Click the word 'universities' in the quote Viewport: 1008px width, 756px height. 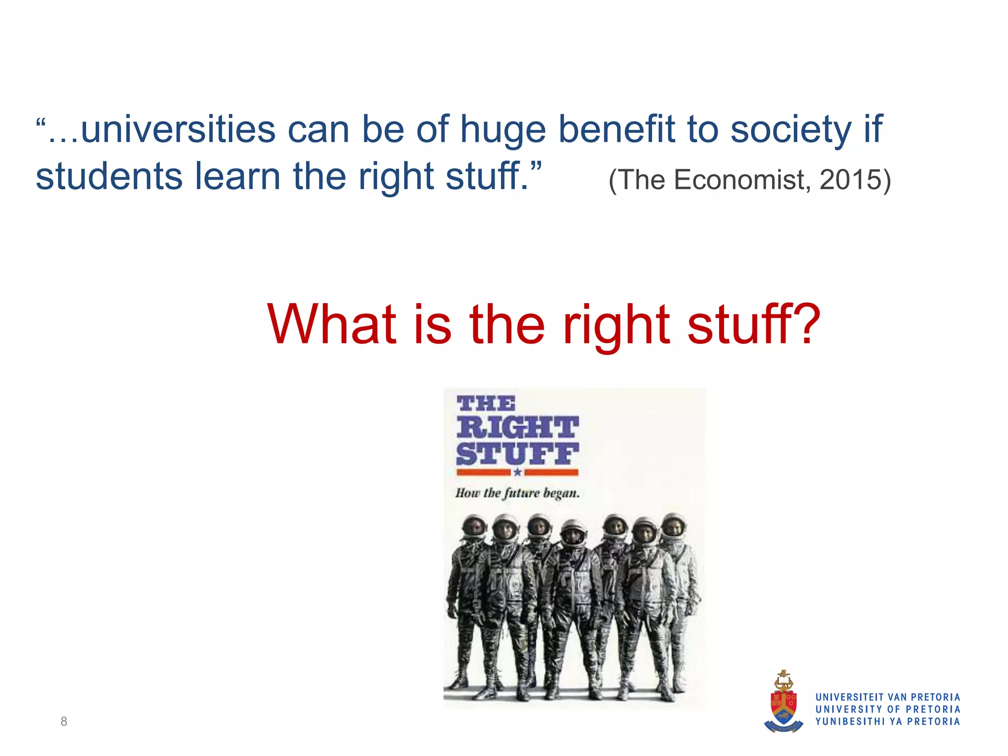click(178, 129)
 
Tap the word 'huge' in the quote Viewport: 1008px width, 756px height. click(503, 130)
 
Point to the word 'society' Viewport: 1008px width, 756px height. click(791, 130)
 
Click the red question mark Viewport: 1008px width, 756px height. click(805, 324)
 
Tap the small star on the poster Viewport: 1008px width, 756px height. click(517, 472)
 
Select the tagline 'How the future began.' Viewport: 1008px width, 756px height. click(517, 493)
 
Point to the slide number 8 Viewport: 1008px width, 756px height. click(63, 722)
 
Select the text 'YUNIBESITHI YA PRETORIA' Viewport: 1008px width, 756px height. click(887, 722)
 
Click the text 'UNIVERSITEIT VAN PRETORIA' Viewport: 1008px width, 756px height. click(887, 697)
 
